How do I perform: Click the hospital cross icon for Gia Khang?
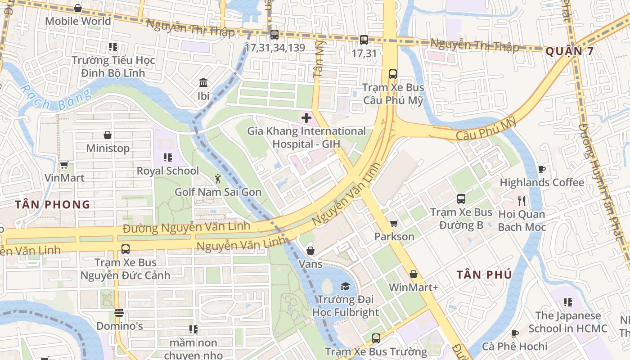click(306, 118)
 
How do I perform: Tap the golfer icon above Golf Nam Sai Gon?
click(218, 179)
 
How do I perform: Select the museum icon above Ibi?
click(203, 83)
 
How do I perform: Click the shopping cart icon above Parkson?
click(394, 223)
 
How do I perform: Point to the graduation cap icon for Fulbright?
click(345, 286)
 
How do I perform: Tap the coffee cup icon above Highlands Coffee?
click(542, 169)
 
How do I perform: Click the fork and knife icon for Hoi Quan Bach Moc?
click(522, 201)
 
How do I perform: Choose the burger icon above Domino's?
click(119, 312)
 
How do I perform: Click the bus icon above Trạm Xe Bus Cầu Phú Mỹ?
click(393, 74)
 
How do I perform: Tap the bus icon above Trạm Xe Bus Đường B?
click(461, 198)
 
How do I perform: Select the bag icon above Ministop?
click(108, 135)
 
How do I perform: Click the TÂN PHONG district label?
click(53, 205)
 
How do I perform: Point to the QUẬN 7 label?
click(569, 51)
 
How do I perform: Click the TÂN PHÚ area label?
click(484, 274)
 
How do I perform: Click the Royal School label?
click(167, 171)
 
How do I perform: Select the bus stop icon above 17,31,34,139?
click(274, 34)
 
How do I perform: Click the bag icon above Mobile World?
click(77, 8)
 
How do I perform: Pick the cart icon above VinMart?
click(64, 165)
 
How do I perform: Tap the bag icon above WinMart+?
click(413, 274)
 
